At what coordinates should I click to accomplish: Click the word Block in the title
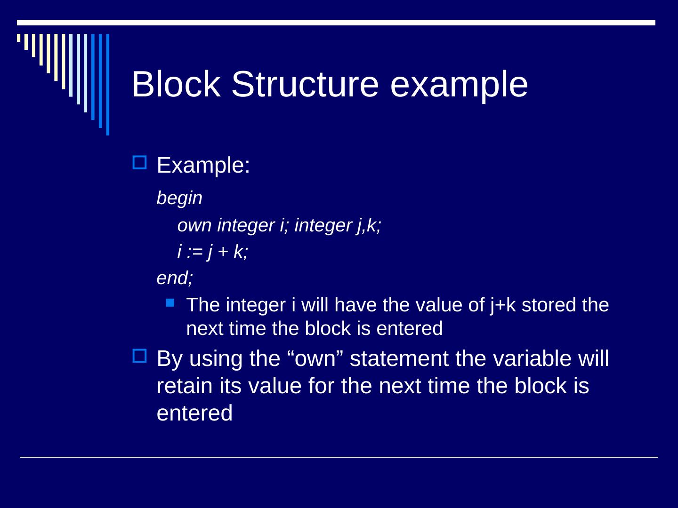click(x=176, y=85)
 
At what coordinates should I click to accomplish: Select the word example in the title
click(x=459, y=85)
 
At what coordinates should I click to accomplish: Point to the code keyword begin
click(x=179, y=198)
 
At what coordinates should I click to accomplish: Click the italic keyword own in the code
click(x=194, y=226)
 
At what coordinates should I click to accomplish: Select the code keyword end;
click(x=175, y=278)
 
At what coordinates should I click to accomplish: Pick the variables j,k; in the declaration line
click(x=369, y=226)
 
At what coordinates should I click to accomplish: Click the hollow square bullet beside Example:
click(x=140, y=163)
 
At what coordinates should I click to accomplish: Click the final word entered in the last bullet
click(x=194, y=413)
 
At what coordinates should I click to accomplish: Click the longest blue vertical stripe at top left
click(x=108, y=85)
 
